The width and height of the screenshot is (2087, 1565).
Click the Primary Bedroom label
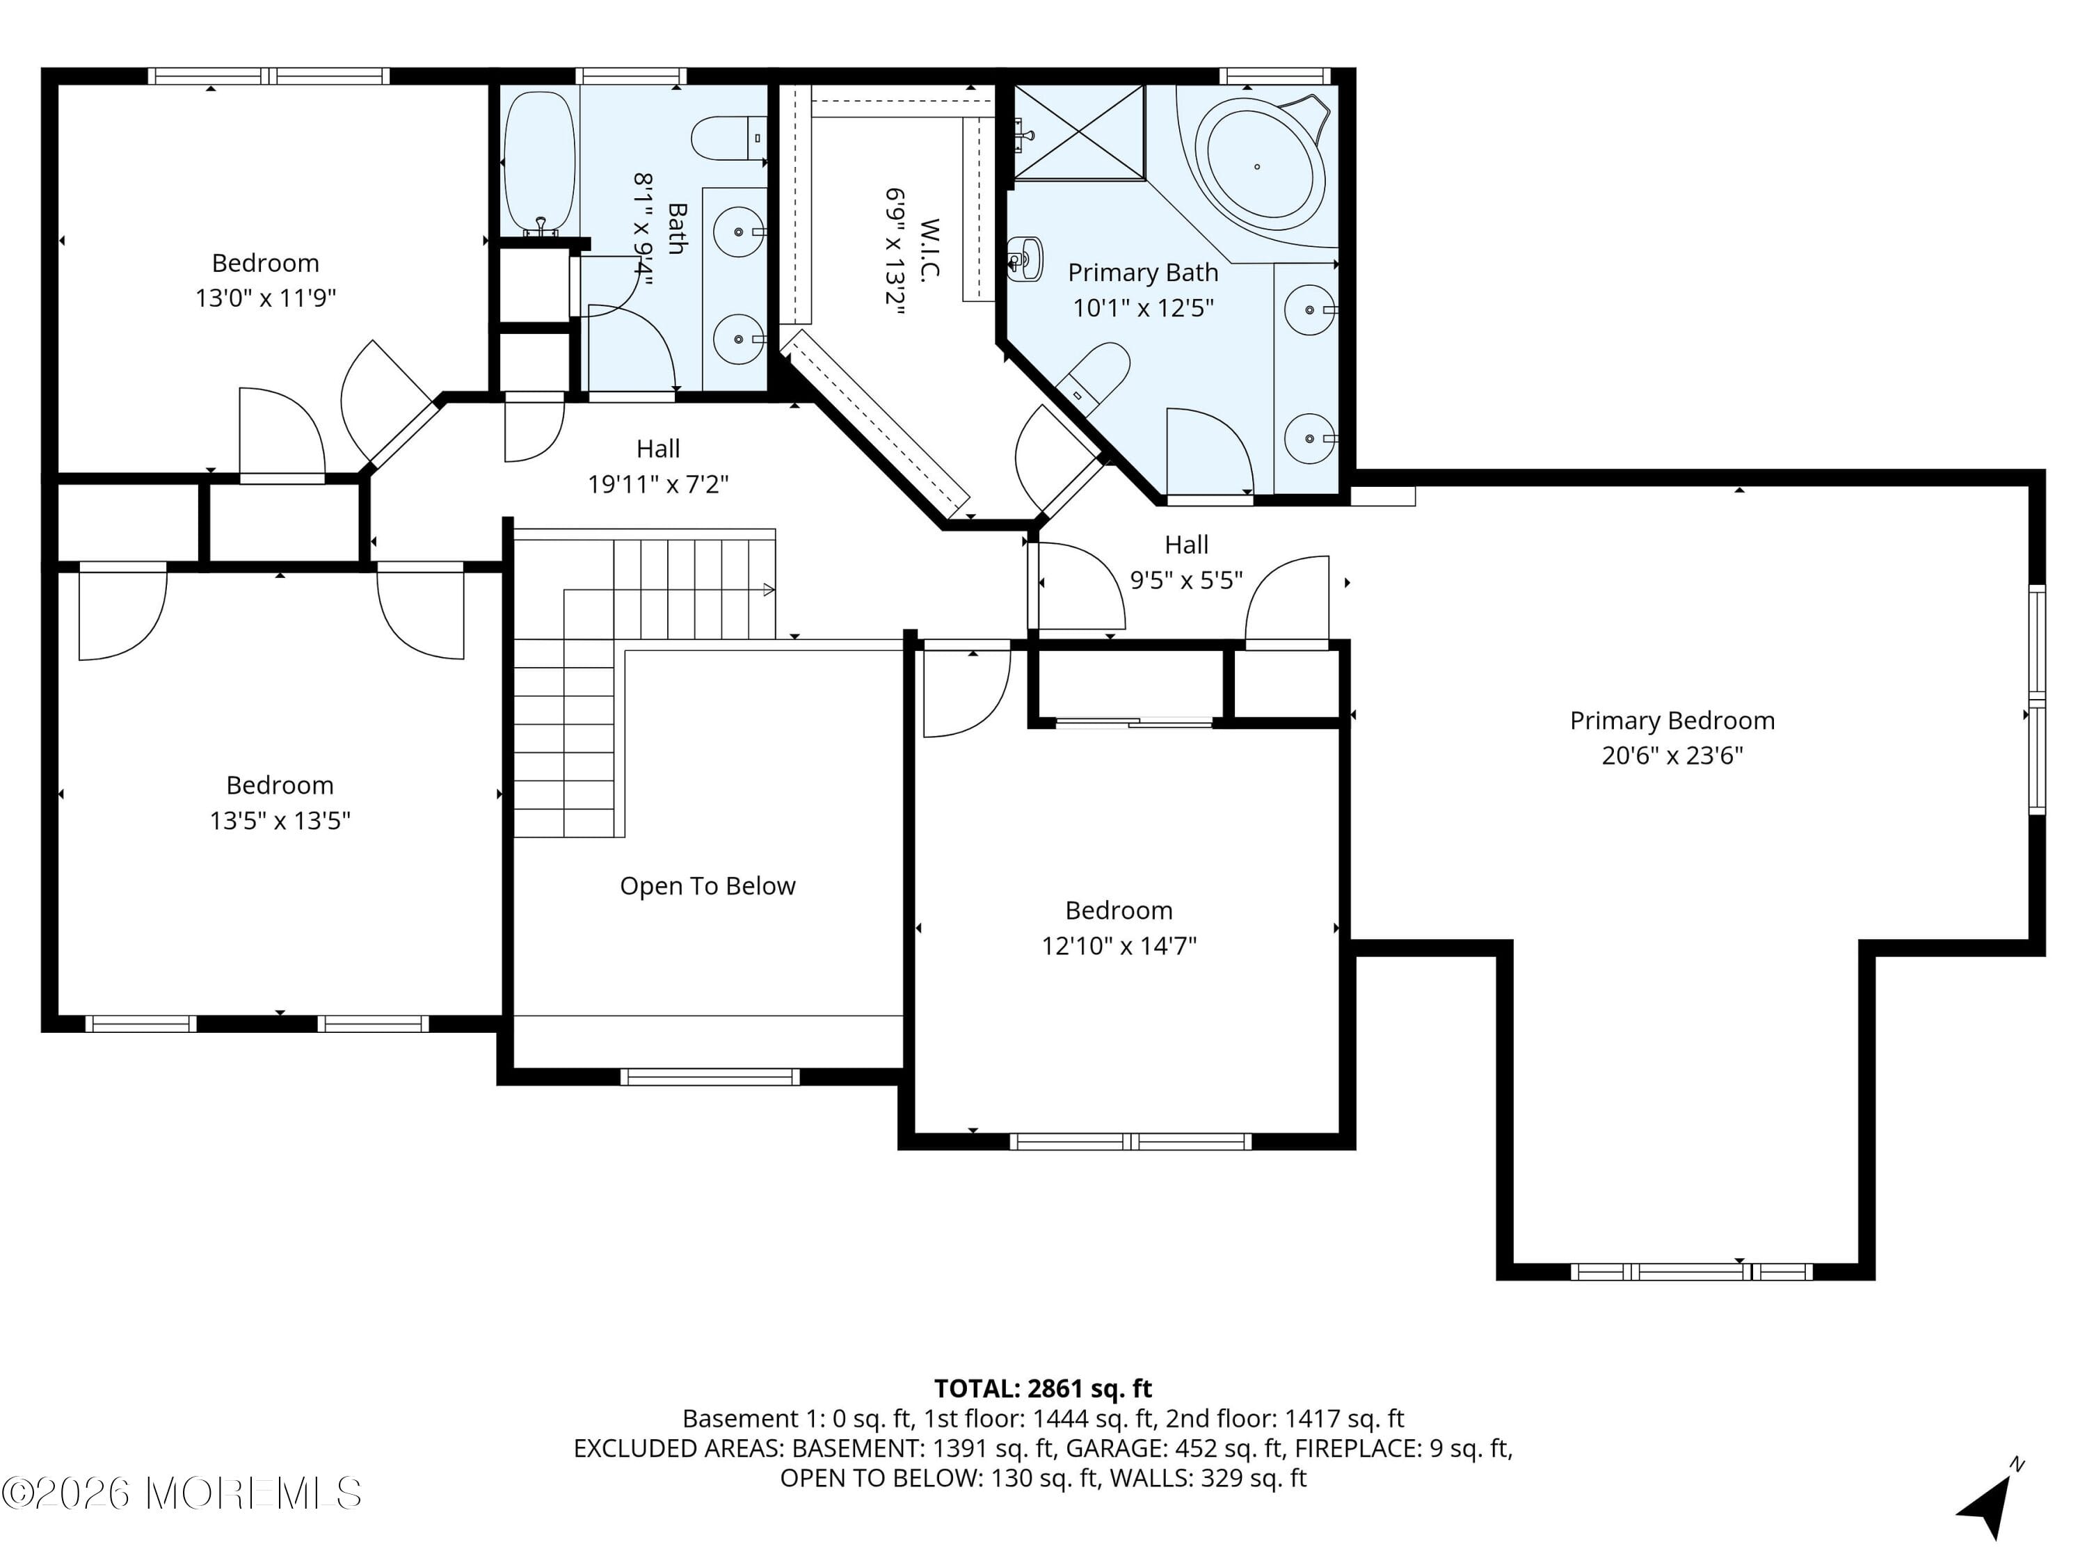[1671, 721]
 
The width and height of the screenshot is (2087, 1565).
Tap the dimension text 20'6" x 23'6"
[1671, 755]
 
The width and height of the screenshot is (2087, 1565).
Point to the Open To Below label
[707, 886]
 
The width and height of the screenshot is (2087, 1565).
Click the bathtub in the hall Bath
[538, 162]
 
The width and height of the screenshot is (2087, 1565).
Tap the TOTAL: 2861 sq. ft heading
[1043, 1388]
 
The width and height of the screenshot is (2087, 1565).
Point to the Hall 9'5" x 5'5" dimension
[1186, 580]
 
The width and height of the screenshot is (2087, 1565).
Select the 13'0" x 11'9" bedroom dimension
[265, 298]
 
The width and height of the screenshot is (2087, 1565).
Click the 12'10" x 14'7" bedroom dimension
[1118, 946]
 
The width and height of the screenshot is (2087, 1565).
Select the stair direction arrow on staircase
[768, 590]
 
